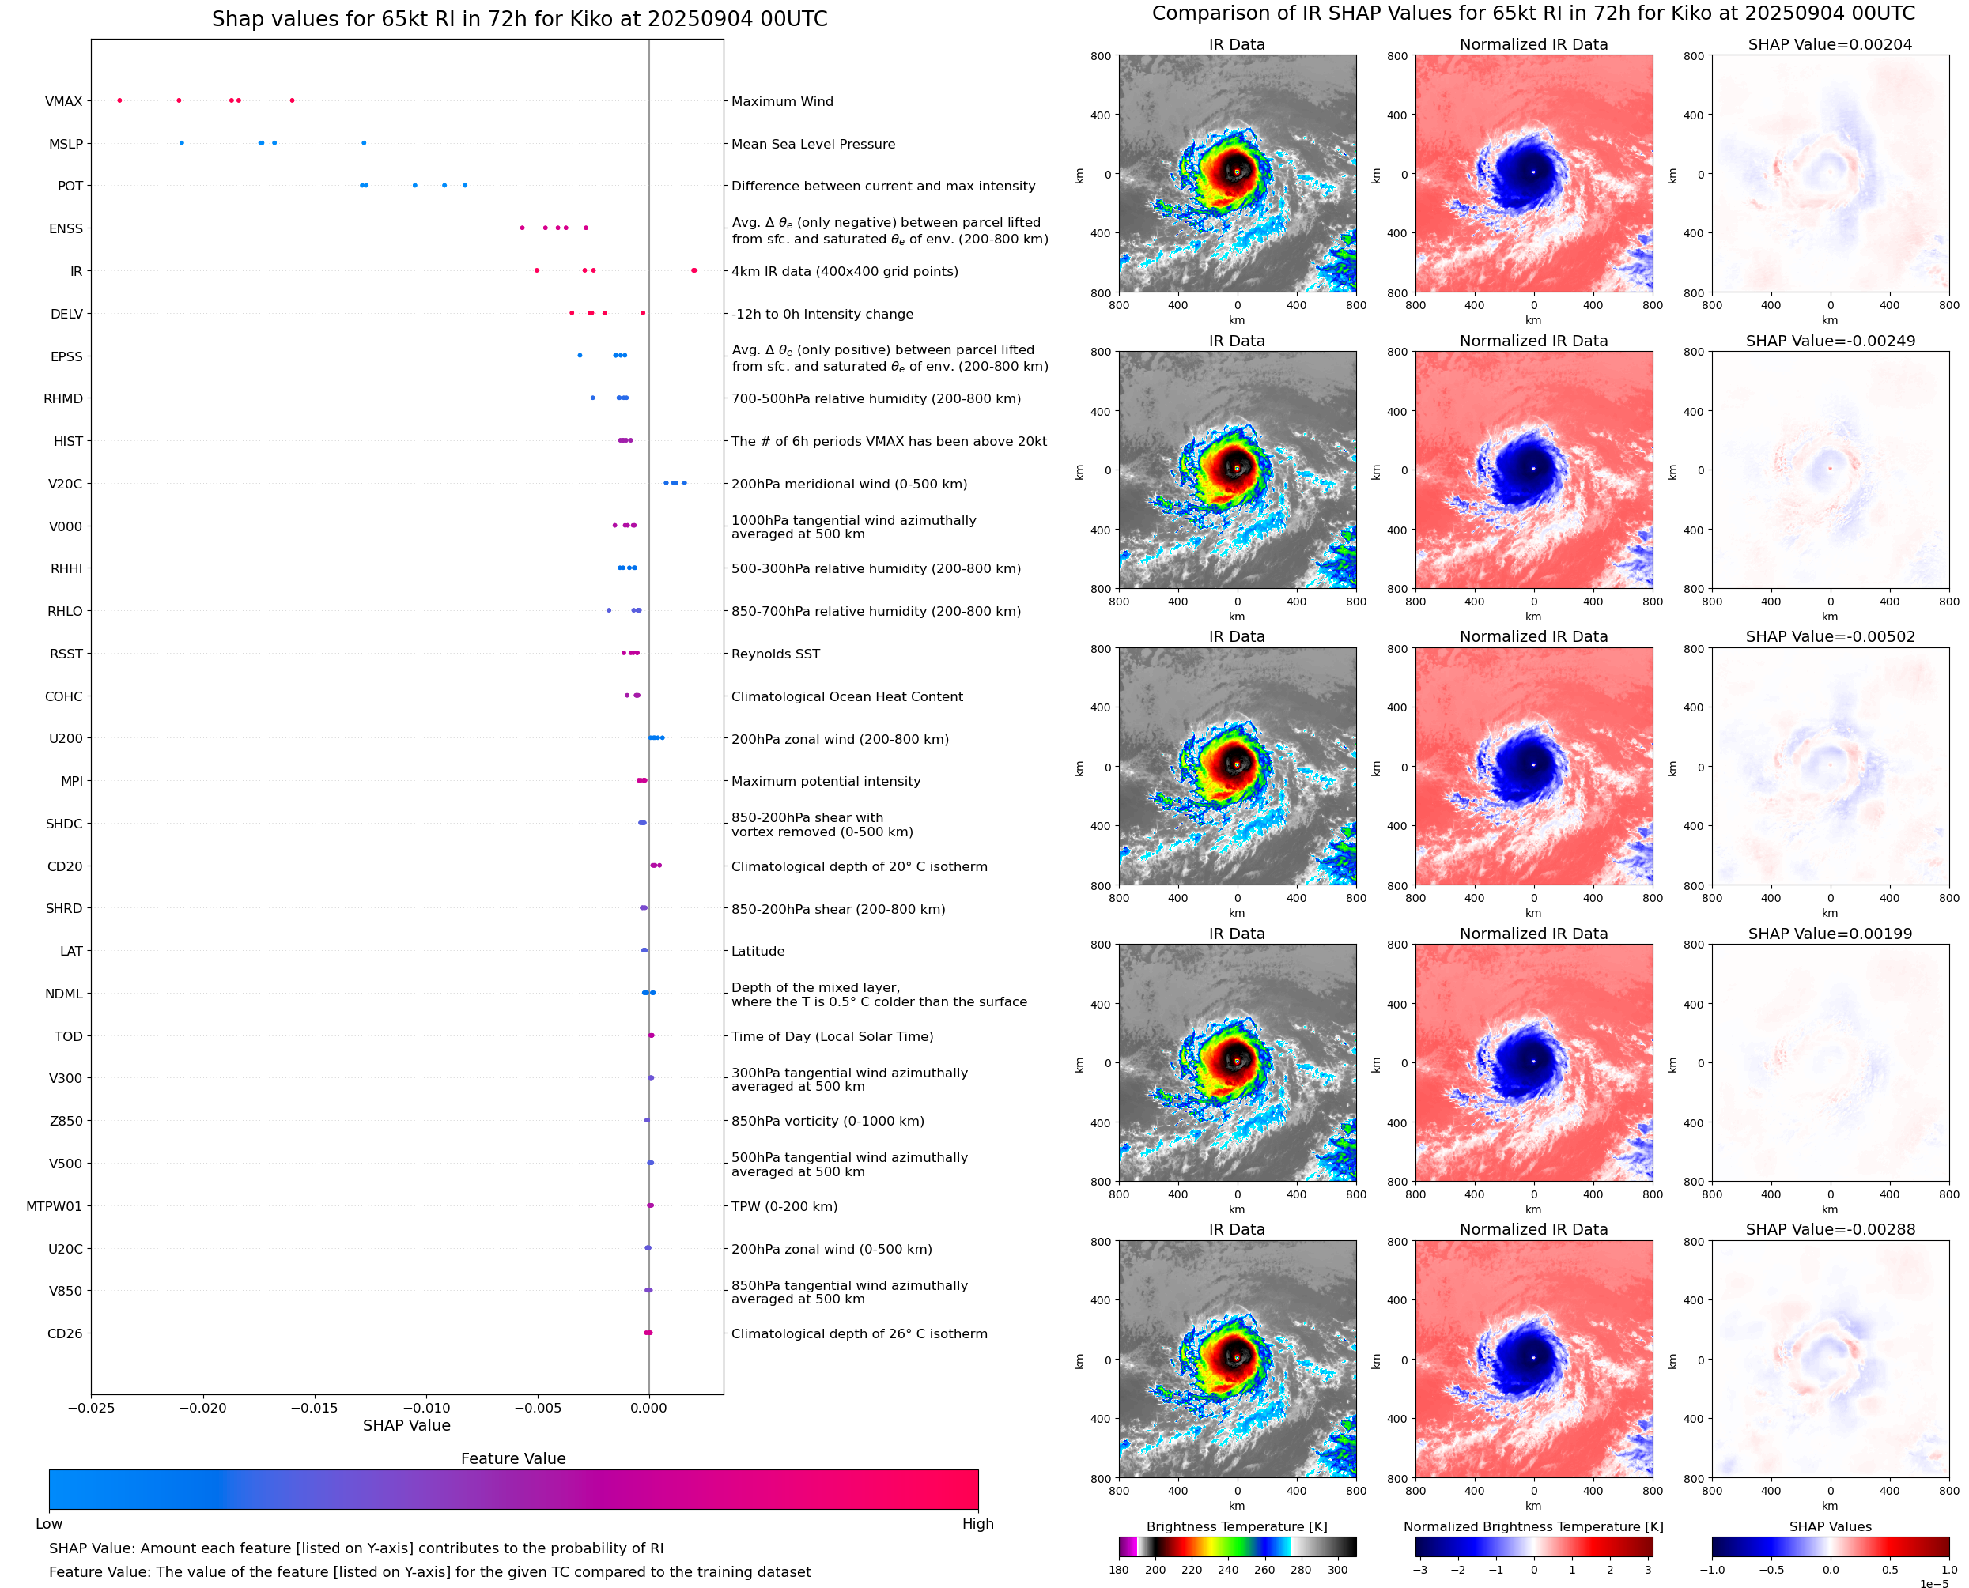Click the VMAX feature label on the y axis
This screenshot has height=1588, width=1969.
point(63,101)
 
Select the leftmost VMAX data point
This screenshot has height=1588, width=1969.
point(120,100)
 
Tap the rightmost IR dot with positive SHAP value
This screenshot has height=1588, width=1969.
point(693,271)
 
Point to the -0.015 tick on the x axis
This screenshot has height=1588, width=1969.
point(314,1408)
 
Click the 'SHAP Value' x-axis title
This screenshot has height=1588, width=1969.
point(406,1425)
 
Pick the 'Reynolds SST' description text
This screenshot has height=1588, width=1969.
point(775,654)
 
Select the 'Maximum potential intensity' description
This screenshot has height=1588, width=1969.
point(826,781)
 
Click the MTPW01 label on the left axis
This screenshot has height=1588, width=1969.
point(54,1206)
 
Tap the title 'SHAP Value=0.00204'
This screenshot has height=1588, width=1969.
point(1830,45)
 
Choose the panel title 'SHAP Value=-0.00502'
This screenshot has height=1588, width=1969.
point(1830,636)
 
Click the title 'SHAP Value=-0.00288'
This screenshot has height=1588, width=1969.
point(1830,1229)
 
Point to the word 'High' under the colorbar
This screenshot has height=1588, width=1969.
point(977,1524)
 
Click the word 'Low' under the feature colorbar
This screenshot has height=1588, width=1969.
point(49,1524)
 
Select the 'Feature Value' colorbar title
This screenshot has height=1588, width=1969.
point(513,1459)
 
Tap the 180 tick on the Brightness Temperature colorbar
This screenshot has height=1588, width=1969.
point(1118,1570)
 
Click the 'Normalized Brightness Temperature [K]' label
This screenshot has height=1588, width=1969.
point(1533,1526)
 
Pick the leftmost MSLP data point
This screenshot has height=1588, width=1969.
point(181,143)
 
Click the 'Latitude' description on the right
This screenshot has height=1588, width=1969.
point(758,952)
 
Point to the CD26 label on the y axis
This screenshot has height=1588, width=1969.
point(65,1333)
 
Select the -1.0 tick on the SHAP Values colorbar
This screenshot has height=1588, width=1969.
point(1712,1570)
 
